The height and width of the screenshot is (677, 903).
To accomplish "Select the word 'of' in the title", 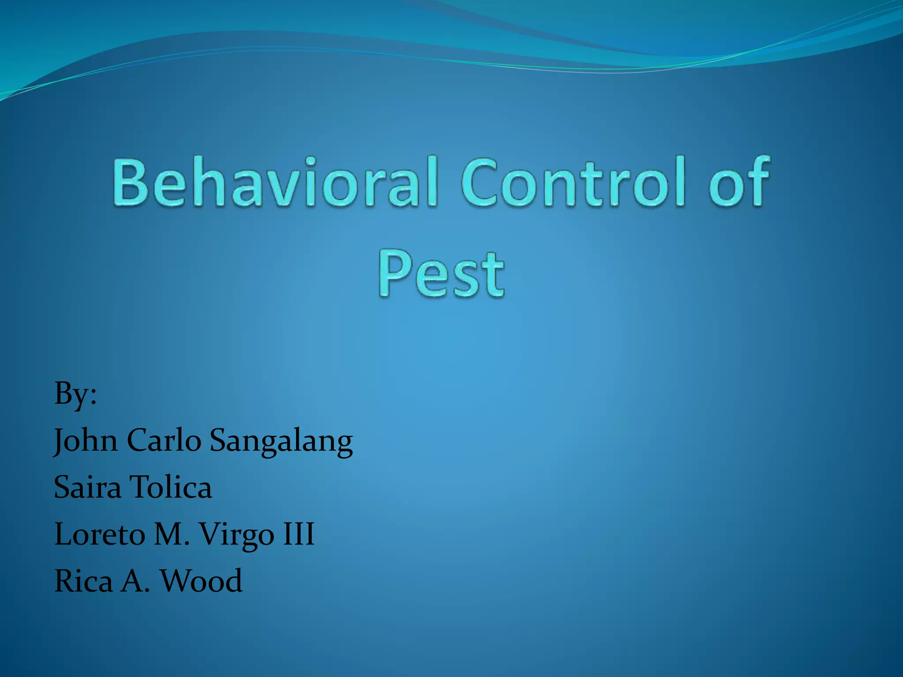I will tap(739, 182).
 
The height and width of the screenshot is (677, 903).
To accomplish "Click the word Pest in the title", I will tap(441, 274).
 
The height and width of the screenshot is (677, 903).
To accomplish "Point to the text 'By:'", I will tap(75, 394).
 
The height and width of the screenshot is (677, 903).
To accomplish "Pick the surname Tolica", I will tap(172, 487).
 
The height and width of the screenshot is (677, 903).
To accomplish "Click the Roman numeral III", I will tap(299, 535).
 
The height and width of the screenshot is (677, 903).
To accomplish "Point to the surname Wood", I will tap(201, 581).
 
